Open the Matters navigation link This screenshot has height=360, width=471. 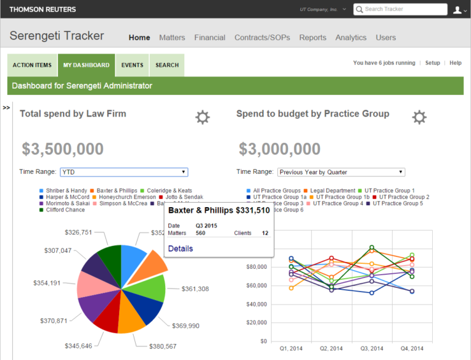172,38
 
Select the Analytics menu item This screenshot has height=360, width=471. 351,38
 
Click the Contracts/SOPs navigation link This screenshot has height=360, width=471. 262,38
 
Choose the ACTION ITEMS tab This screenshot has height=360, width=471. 32,65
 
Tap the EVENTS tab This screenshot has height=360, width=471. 132,65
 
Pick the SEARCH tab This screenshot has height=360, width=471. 167,65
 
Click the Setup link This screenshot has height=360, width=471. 433,63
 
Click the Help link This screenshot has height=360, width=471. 455,63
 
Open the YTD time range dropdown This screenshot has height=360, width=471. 124,172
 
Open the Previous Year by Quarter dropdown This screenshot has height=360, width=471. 340,172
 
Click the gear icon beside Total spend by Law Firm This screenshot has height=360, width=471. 202,117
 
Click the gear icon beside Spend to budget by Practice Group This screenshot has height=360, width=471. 419,117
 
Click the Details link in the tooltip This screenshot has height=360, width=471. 180,248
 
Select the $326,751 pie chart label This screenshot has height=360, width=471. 78,233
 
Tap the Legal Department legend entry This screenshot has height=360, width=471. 333,191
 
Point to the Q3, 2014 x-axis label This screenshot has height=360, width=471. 372,349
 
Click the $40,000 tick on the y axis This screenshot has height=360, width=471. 256,304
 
